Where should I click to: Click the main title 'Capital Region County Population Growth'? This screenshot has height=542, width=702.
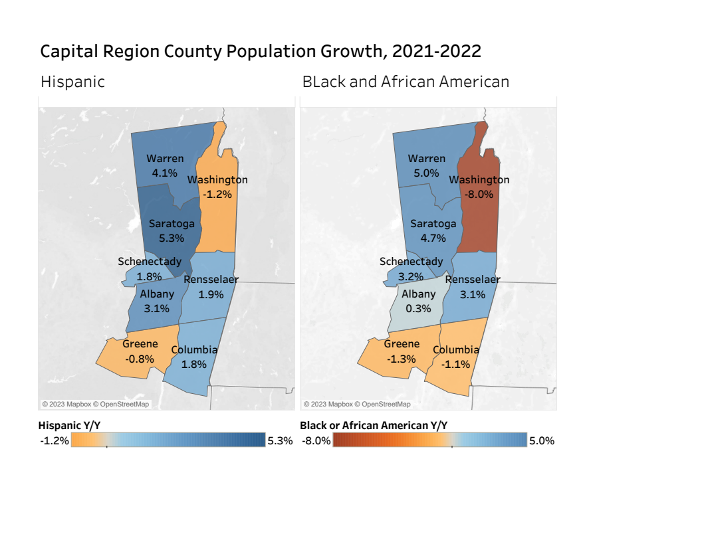click(x=261, y=52)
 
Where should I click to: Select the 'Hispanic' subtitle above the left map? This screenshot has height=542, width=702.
click(x=72, y=82)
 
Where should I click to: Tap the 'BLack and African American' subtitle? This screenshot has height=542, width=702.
click(x=406, y=82)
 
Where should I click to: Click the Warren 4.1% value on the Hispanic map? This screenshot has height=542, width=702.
click(x=165, y=173)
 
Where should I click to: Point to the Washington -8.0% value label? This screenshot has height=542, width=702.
click(x=479, y=194)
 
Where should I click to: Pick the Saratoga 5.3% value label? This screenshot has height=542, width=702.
click(x=171, y=237)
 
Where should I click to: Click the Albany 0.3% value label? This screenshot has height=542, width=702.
click(x=418, y=308)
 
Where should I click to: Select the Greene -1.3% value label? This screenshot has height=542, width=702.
click(x=402, y=359)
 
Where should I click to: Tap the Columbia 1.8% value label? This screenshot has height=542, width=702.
click(x=194, y=364)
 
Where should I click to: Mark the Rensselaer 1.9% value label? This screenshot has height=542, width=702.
click(x=211, y=294)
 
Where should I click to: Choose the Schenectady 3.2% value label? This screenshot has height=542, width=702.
click(x=411, y=276)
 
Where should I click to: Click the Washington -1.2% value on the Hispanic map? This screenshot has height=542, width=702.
click(x=217, y=194)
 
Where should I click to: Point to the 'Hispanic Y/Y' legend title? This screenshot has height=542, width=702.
click(x=69, y=425)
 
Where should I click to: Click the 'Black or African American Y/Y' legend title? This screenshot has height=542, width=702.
click(x=374, y=425)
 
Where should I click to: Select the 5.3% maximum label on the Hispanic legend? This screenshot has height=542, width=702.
click(x=279, y=440)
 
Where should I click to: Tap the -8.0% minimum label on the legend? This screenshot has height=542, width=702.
click(x=316, y=440)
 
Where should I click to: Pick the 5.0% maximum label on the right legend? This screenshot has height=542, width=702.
click(x=541, y=440)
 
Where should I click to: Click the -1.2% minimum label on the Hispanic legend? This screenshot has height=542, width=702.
click(x=55, y=440)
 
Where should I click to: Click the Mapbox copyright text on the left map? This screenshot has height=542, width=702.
click(x=96, y=404)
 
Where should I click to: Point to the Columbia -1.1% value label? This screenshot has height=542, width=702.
click(x=456, y=364)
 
